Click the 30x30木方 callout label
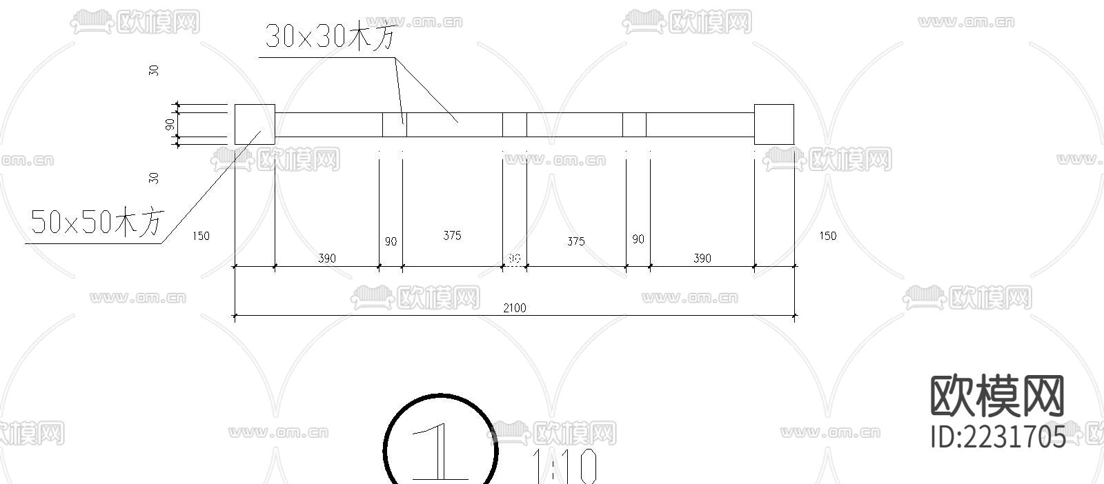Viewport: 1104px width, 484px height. [x=331, y=36]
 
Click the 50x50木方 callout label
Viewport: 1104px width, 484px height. [x=97, y=222]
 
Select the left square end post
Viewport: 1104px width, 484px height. [x=255, y=124]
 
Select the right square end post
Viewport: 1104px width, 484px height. [x=773, y=124]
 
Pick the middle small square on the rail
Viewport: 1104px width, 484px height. [x=514, y=125]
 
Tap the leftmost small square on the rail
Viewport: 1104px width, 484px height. [x=394, y=125]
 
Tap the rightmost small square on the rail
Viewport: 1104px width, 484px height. [x=634, y=125]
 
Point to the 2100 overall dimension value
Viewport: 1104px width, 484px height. [x=514, y=307]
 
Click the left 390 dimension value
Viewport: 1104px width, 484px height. [x=326, y=258]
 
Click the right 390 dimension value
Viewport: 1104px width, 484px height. [x=702, y=258]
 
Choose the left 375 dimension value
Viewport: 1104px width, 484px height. [x=452, y=235]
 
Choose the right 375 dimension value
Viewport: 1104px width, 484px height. [x=575, y=241]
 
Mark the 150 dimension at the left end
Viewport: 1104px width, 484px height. [x=200, y=236]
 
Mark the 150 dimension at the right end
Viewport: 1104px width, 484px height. [x=827, y=236]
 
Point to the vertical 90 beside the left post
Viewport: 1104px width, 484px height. [x=170, y=125]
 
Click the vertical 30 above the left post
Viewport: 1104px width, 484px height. [x=154, y=70]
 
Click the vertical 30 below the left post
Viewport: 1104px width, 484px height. [x=154, y=177]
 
